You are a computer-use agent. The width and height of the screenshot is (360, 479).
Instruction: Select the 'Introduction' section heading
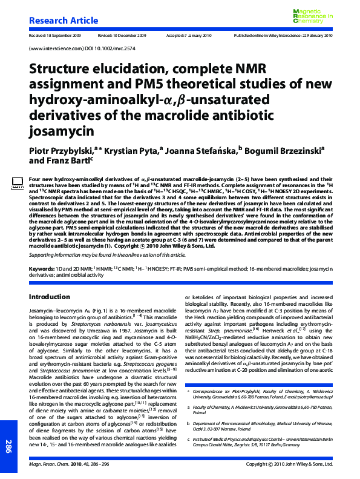pos(50,297)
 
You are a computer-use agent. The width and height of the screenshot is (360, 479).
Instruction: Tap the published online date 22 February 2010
pos(313,36)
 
